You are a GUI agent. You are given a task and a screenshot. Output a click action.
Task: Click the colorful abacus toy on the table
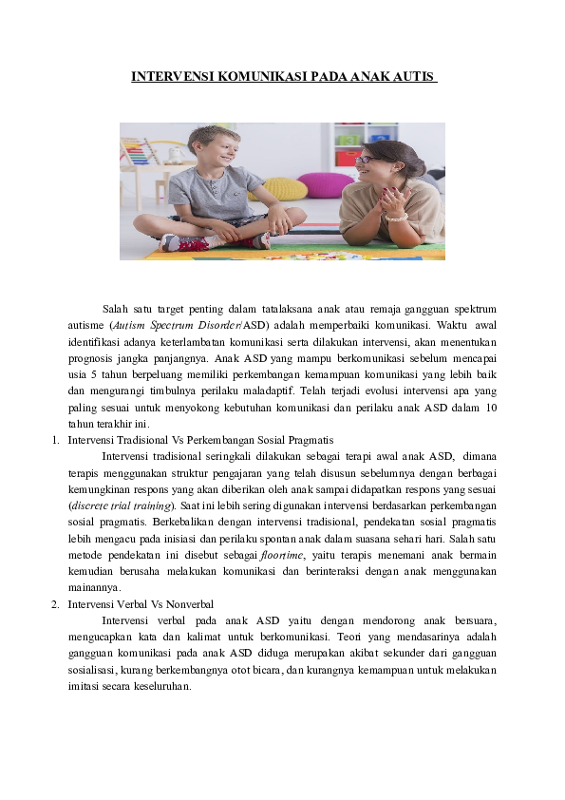click(x=138, y=153)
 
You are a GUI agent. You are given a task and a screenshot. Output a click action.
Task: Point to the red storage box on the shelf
click(x=348, y=158)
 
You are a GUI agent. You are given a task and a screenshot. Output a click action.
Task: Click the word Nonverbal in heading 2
click(x=188, y=603)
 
